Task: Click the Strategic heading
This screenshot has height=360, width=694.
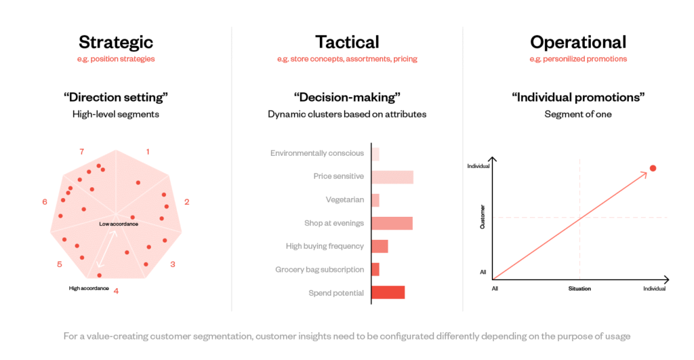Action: pyautogui.click(x=116, y=42)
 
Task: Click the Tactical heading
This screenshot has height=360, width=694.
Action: pyautogui.click(x=347, y=42)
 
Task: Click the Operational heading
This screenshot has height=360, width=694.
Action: pyautogui.click(x=578, y=42)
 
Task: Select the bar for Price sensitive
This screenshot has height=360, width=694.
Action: pyautogui.click(x=392, y=177)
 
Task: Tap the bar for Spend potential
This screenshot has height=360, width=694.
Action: pyautogui.click(x=388, y=293)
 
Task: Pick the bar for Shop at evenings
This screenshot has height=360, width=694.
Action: pyautogui.click(x=392, y=223)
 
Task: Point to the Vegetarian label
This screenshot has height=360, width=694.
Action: pyautogui.click(x=345, y=200)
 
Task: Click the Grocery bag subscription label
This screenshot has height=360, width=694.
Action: pyautogui.click(x=320, y=270)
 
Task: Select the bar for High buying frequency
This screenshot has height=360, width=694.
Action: pyautogui.click(x=380, y=246)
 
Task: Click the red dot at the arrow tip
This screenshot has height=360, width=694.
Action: pyautogui.click(x=653, y=168)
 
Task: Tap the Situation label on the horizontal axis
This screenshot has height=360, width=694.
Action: pyautogui.click(x=579, y=289)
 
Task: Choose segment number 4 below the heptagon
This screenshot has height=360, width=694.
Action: pyautogui.click(x=116, y=291)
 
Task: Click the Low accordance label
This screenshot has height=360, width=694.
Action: pyautogui.click(x=119, y=224)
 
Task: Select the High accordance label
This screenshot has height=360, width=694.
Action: pyautogui.click(x=88, y=288)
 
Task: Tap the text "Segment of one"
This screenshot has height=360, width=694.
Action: pyautogui.click(x=578, y=115)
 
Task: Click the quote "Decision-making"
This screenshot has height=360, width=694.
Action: pyautogui.click(x=347, y=98)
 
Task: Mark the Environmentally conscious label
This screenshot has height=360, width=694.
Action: pyautogui.click(x=317, y=153)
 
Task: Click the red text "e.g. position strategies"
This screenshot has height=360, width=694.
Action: pyautogui.click(x=116, y=59)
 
